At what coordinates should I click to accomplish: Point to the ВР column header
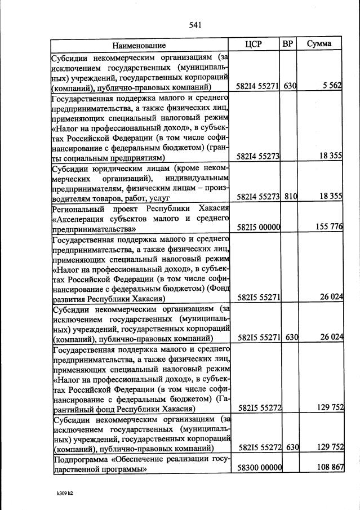click(x=288, y=44)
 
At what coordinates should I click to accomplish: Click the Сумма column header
click(x=319, y=44)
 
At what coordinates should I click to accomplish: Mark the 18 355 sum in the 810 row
click(x=329, y=197)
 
